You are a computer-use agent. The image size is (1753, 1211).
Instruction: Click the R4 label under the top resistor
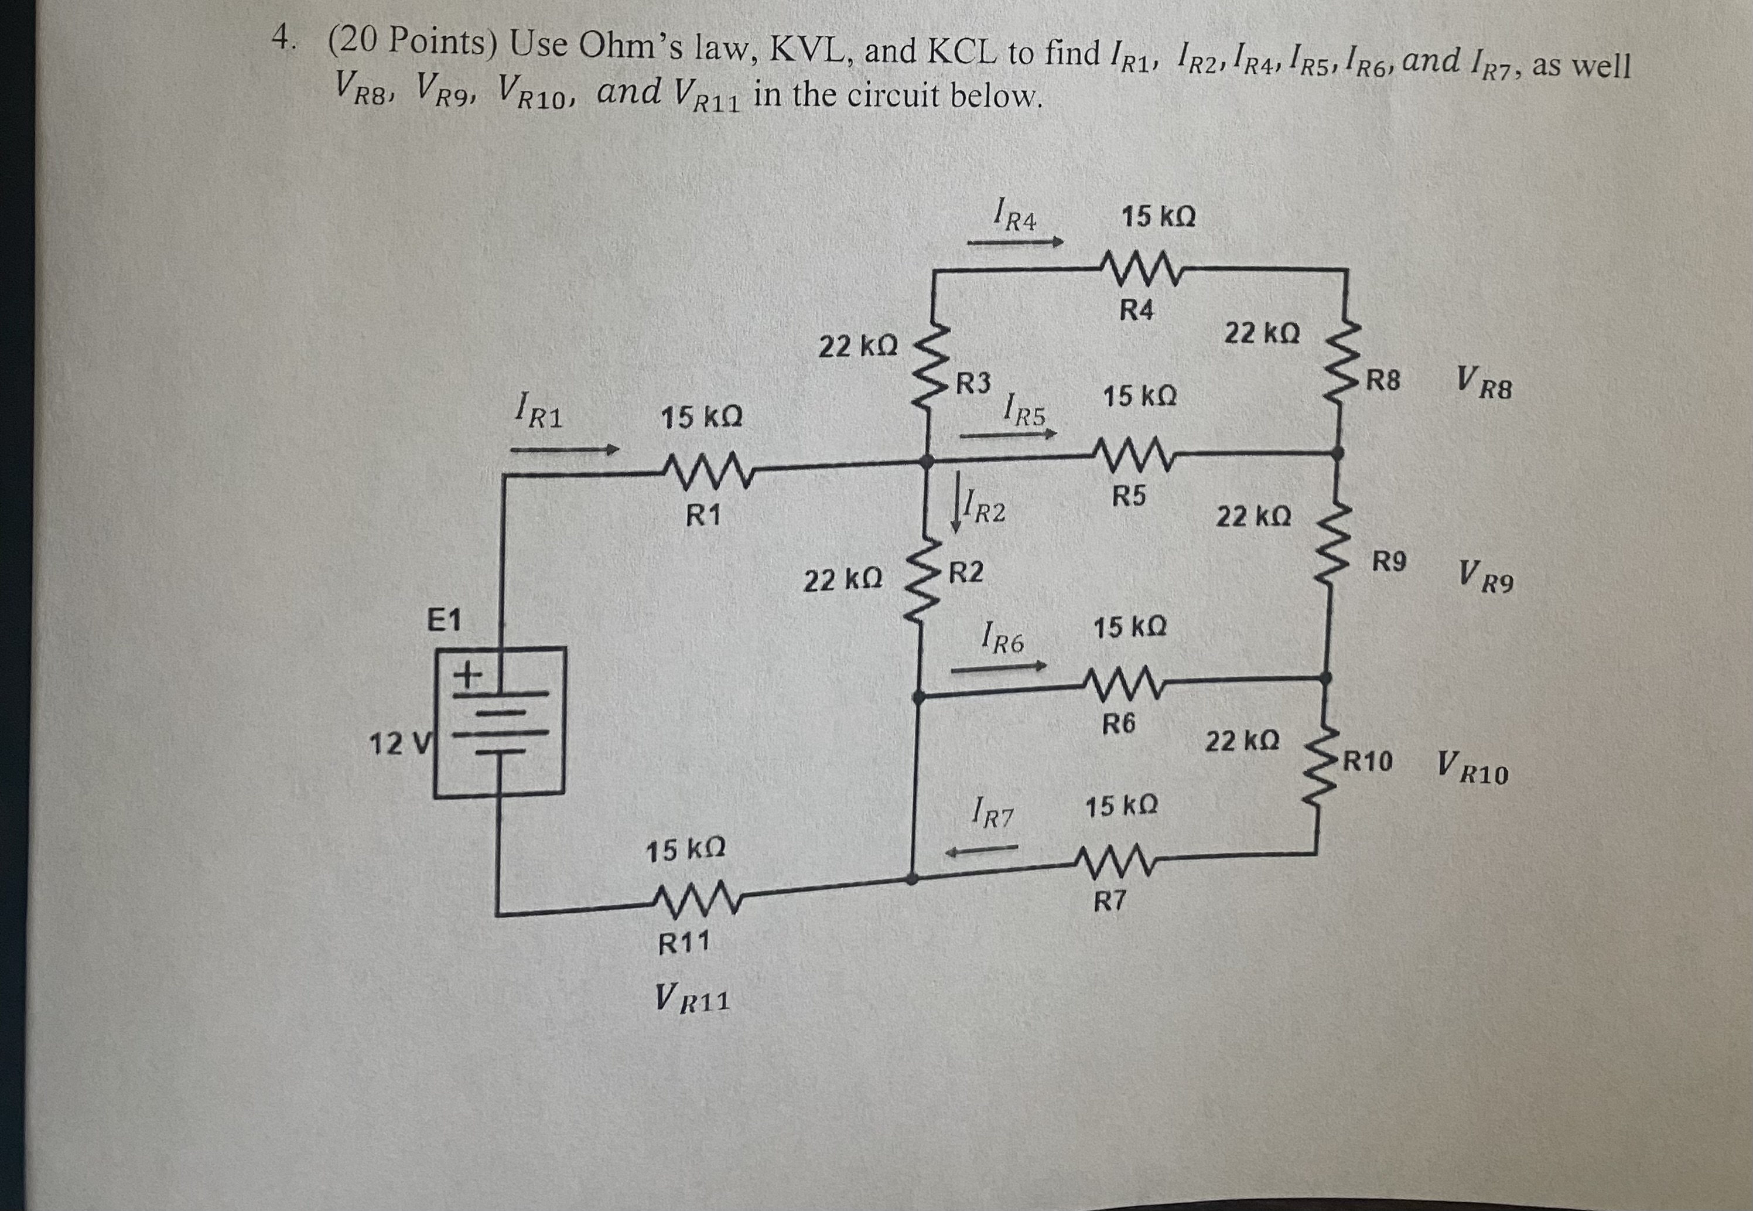(x=1136, y=311)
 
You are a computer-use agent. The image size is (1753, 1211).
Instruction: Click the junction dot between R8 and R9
(x=1338, y=453)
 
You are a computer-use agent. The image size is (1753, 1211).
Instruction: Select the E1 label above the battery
(x=445, y=620)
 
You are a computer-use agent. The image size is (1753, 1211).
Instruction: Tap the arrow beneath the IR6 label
(x=998, y=669)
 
